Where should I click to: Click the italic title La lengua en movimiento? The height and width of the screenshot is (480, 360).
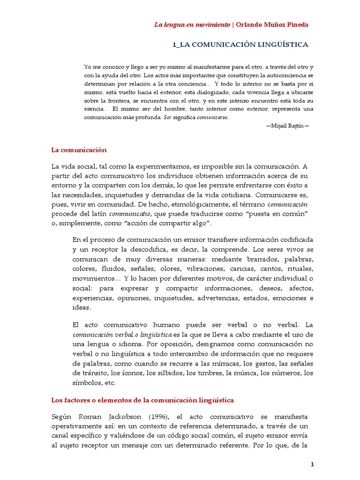click(x=192, y=24)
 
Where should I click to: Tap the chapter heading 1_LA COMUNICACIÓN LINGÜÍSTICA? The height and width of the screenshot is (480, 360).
click(x=240, y=45)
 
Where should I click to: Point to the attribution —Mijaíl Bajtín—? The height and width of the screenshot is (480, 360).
click(x=287, y=126)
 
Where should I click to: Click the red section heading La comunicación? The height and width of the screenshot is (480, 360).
click(x=79, y=150)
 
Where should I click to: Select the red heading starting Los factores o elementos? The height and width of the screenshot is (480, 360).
click(x=142, y=400)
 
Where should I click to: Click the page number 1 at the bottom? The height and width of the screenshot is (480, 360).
click(x=312, y=464)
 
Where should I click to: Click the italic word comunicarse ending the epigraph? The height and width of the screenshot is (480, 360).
click(x=212, y=118)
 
